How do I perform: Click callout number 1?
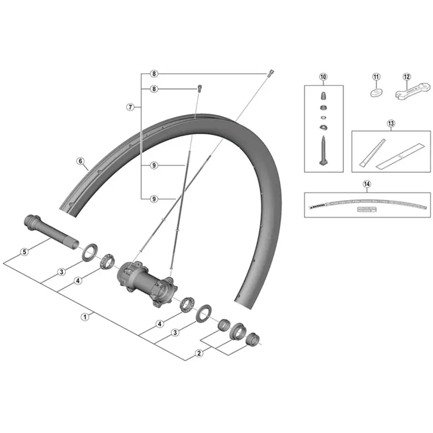(85, 317)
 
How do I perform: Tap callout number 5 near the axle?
(24, 252)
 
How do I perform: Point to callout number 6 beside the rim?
(80, 161)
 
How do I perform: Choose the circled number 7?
(130, 107)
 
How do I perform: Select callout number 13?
(391, 123)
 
